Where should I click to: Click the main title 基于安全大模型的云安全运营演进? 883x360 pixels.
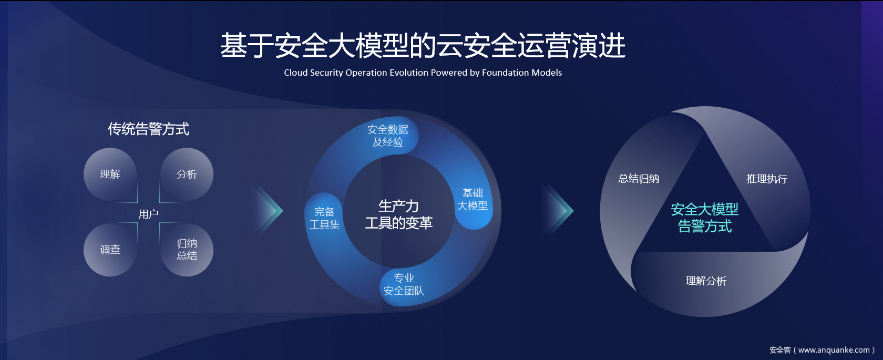coord(423,45)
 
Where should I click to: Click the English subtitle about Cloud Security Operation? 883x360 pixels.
coord(423,73)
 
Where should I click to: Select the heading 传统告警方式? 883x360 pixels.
coord(149,129)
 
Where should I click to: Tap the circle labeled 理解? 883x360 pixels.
coord(110,174)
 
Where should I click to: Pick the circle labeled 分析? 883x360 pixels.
coord(187,174)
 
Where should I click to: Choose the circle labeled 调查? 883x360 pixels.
coord(110,250)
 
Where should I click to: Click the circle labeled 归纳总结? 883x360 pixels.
coord(187,250)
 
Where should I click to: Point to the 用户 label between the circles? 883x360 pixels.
coord(149,214)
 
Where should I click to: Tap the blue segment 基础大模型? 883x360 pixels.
coord(473,199)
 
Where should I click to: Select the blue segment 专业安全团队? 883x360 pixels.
coord(404,285)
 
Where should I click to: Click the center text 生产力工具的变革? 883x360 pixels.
coord(398,214)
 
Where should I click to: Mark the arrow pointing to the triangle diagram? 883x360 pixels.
coord(559,210)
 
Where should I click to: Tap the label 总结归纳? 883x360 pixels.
coord(639,179)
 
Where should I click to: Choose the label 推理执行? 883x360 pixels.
coord(767,179)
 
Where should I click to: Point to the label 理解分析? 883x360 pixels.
coord(706,281)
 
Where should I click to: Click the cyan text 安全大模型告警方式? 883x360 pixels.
coord(705,218)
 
